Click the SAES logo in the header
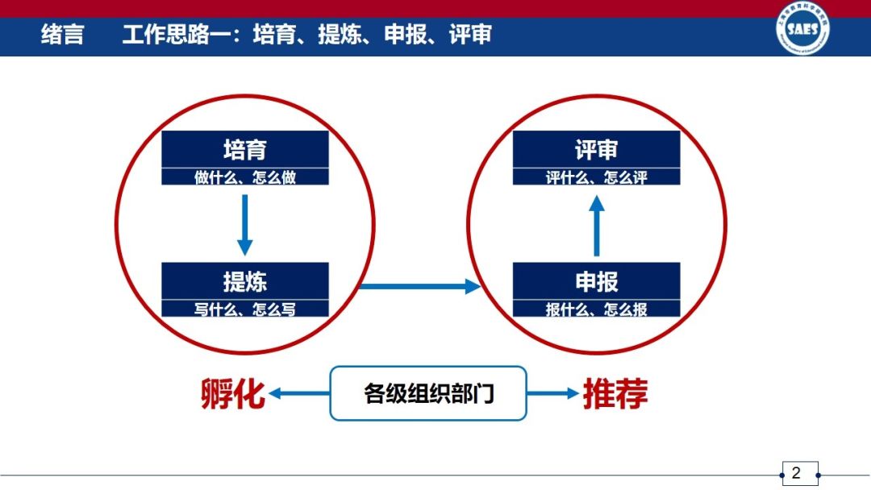pos(802,31)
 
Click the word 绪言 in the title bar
pos(62,35)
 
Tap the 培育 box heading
pos(245,150)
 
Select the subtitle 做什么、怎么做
pos(245,177)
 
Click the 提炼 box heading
pos(245,281)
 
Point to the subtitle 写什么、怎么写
pos(245,309)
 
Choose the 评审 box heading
pos(597,150)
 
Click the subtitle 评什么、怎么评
pos(597,177)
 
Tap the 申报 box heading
pos(597,281)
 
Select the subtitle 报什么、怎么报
pos(597,309)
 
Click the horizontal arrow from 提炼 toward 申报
pos(419,286)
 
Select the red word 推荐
pos(615,394)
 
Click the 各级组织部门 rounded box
pos(428,394)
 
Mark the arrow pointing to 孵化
pos(299,394)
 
